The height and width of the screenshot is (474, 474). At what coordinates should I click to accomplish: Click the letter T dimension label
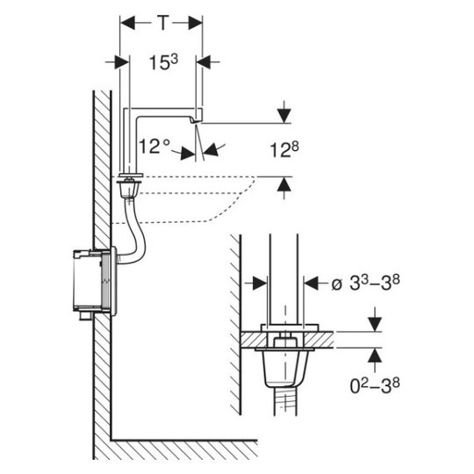[162, 23]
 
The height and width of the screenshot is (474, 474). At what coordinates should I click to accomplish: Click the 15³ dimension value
[164, 62]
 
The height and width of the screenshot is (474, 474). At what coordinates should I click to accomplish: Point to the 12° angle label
[154, 147]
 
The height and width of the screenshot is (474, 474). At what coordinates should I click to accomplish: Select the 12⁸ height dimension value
[284, 149]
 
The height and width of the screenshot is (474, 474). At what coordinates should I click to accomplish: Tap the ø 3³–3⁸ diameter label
[365, 283]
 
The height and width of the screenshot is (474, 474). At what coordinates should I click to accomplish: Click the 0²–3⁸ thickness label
[375, 385]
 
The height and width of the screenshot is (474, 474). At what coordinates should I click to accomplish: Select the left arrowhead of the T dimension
[127, 23]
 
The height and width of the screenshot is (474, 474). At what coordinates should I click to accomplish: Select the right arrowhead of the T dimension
[195, 23]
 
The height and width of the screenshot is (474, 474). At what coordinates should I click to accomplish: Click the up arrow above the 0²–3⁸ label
[375, 355]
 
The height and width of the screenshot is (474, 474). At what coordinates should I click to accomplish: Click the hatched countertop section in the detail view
[287, 340]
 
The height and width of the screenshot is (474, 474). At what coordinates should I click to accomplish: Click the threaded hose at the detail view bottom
[284, 401]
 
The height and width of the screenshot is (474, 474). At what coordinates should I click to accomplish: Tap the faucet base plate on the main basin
[131, 176]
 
